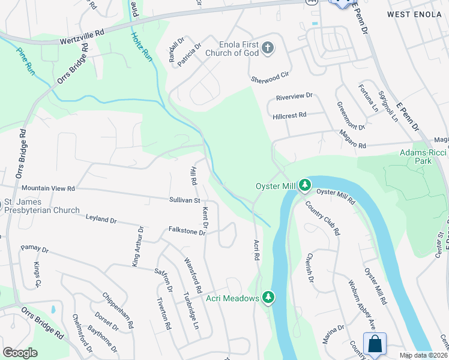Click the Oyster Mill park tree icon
tap(305, 185)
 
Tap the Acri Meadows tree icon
tap(268, 298)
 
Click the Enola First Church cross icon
tap(268, 47)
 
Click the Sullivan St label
tap(184, 199)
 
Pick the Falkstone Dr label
tap(187, 230)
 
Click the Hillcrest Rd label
tap(289, 115)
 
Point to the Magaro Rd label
tap(352, 140)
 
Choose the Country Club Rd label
tap(322, 218)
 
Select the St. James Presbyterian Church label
tap(41, 206)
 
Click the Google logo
tap(20, 352)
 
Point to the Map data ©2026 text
tap(424, 355)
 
